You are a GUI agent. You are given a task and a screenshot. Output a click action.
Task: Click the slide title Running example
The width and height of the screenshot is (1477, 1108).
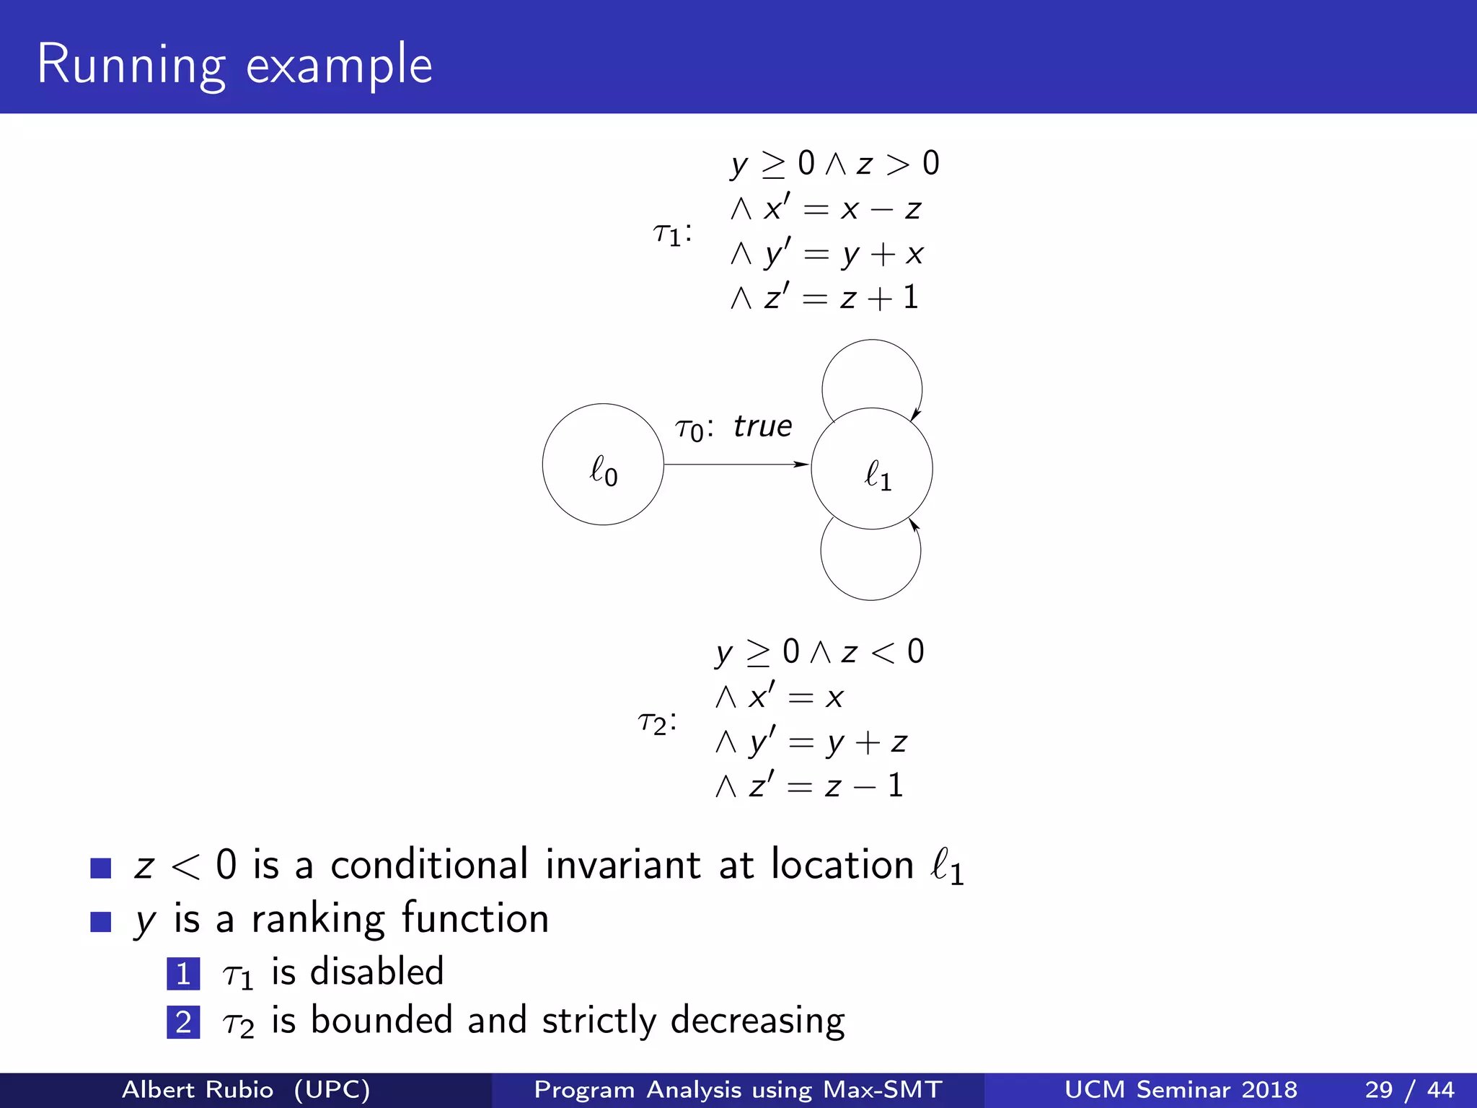tap(234, 65)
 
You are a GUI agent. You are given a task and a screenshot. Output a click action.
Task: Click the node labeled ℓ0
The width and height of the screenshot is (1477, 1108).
tap(603, 465)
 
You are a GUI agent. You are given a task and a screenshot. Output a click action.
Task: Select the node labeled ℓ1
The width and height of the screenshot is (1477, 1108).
tap(872, 469)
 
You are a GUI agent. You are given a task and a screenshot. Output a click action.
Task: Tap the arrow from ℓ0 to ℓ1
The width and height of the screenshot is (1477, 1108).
tap(736, 465)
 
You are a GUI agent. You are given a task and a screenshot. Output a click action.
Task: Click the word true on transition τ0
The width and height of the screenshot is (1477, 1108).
tap(763, 426)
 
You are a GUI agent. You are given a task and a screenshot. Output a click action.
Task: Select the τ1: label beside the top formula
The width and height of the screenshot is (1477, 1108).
tap(672, 233)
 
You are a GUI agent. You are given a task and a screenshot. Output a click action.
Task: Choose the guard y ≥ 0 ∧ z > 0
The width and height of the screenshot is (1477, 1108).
tap(834, 164)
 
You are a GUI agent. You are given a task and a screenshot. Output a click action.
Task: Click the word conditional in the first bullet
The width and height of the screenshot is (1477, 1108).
tap(429, 865)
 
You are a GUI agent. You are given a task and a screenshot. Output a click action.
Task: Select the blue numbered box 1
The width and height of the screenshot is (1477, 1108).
tap(183, 974)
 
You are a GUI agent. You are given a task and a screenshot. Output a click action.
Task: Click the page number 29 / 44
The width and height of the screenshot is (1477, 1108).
tap(1409, 1089)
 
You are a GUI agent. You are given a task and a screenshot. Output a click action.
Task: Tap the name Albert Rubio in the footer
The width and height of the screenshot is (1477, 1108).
tap(198, 1089)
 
